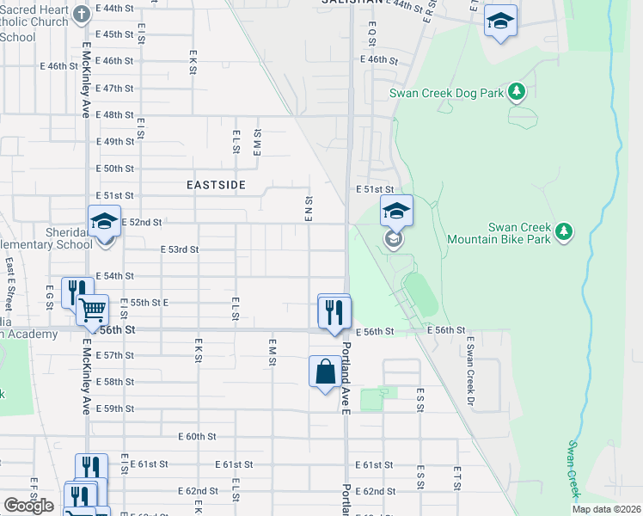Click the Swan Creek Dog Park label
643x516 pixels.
click(446, 92)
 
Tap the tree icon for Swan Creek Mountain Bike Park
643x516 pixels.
click(564, 230)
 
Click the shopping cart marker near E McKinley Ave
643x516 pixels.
click(92, 309)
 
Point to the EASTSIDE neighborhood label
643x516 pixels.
click(217, 185)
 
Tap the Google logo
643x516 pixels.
click(28, 506)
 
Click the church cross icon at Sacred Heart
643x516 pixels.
click(82, 15)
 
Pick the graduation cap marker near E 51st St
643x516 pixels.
click(396, 211)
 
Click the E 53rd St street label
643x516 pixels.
click(180, 249)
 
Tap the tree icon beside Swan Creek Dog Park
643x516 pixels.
click(516, 90)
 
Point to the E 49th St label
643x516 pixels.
click(115, 142)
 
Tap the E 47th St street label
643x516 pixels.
click(115, 89)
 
